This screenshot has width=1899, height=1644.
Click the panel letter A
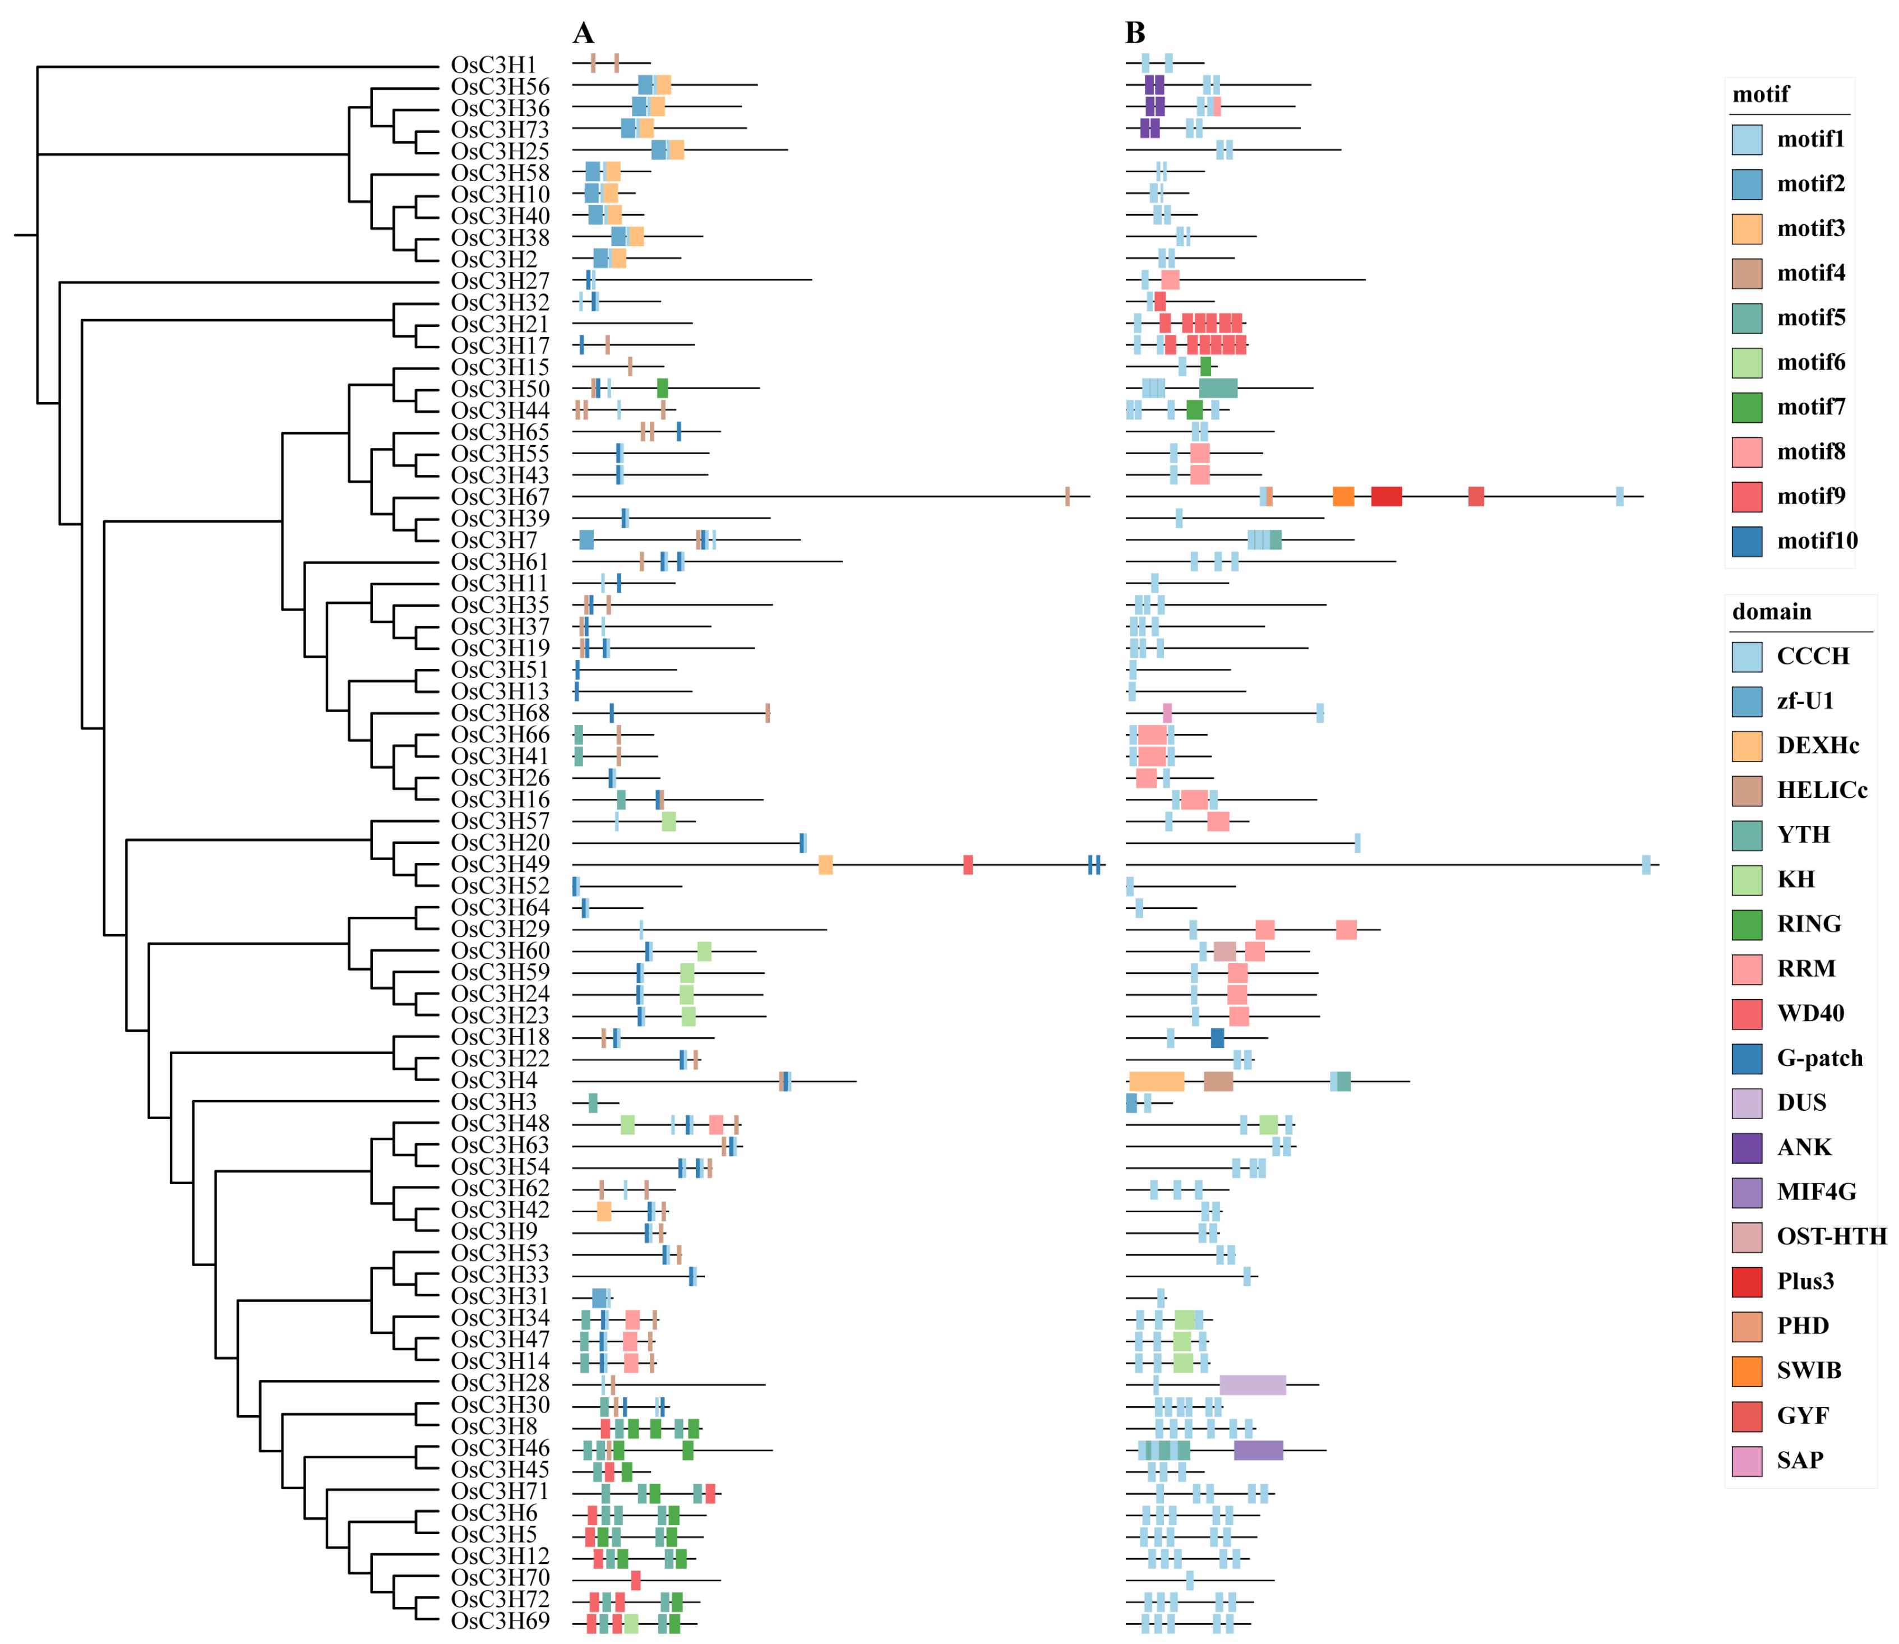coord(584,33)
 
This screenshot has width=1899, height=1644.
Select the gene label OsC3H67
coord(500,497)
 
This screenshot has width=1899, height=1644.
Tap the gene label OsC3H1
coord(493,65)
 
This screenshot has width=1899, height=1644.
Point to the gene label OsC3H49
coord(500,864)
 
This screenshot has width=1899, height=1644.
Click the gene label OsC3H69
coord(500,1621)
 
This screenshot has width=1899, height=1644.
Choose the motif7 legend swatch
coord(1746,407)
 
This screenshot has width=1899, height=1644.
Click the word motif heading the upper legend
coord(1761,95)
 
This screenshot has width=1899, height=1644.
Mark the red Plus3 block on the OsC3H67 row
coord(1385,496)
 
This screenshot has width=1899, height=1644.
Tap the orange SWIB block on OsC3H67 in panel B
coord(1343,496)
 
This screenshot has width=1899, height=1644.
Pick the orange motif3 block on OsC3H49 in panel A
coord(826,864)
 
